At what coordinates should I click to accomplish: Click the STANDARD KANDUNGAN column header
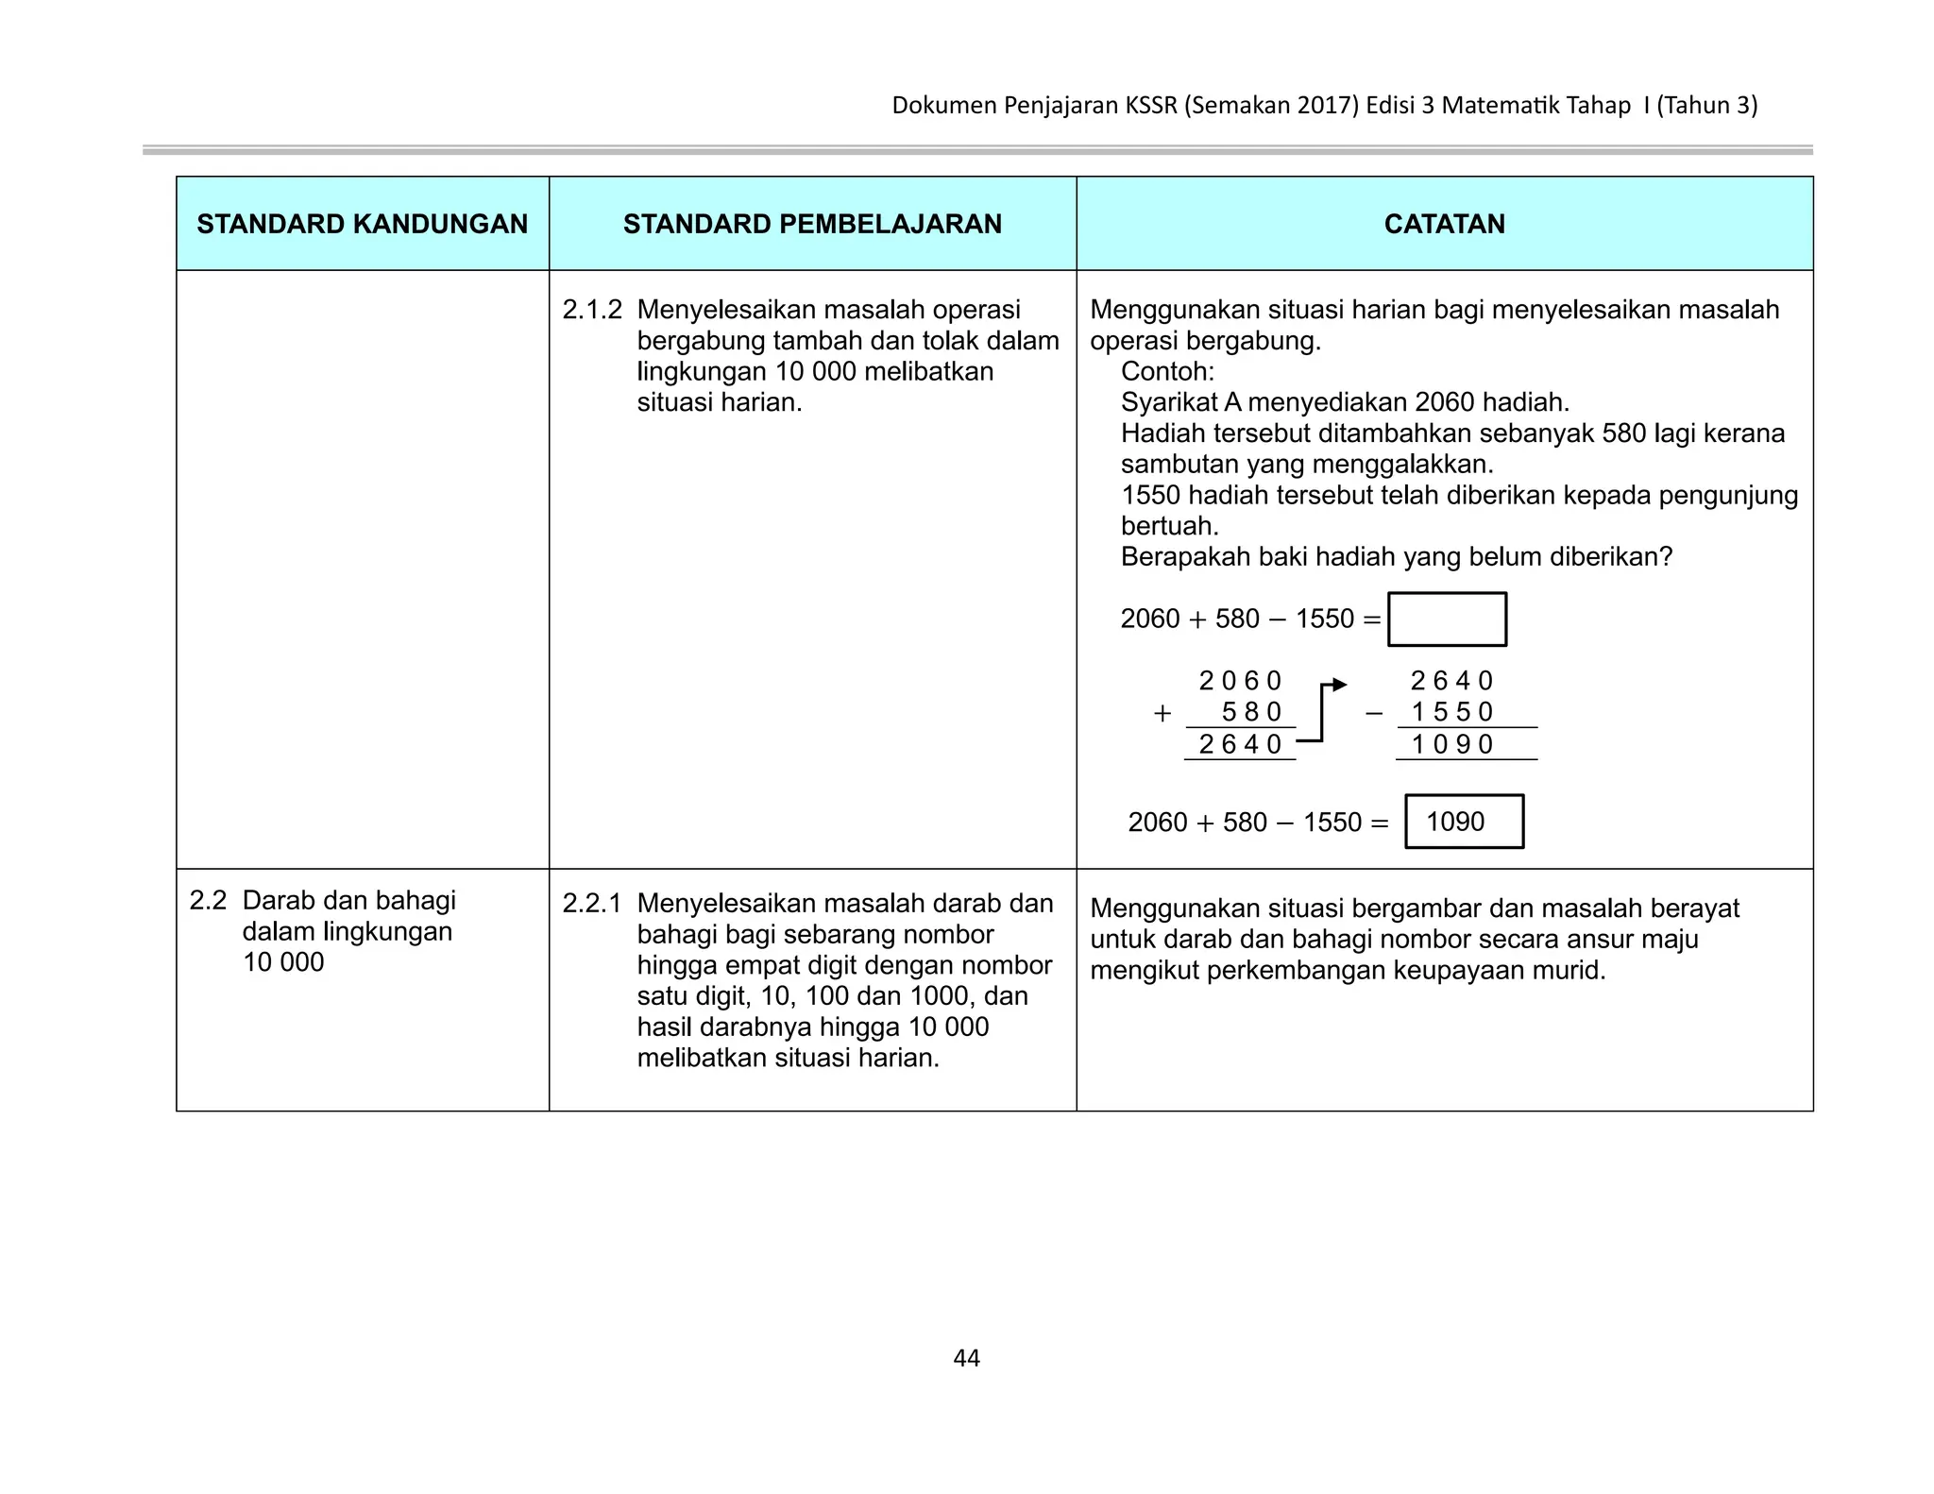(362, 224)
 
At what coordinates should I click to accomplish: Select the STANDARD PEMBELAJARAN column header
(812, 224)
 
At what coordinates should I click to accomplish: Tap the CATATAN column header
(1444, 224)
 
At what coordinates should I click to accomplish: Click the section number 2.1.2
(592, 310)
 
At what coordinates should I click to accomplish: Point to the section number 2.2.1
(592, 904)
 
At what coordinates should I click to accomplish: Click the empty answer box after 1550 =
(1447, 620)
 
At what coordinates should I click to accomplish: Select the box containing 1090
(1464, 822)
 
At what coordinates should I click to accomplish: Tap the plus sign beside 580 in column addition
(1162, 714)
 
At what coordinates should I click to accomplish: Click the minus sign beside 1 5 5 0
(1374, 714)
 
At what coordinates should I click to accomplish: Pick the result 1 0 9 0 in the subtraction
(1451, 744)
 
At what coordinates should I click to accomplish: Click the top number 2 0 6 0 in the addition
(1240, 681)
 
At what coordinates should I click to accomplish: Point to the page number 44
(966, 1358)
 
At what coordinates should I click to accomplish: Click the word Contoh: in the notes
(1167, 371)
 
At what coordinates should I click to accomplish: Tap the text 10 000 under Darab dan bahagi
(283, 962)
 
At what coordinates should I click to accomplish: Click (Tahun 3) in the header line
(1706, 105)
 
